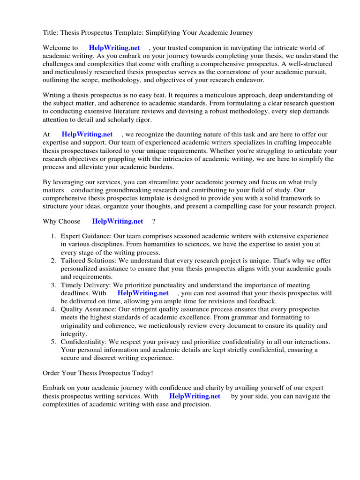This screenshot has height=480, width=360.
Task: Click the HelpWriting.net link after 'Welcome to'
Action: [114, 48]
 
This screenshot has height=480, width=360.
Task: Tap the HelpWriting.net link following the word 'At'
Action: [87, 135]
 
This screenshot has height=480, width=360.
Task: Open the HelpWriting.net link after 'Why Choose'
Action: [118, 221]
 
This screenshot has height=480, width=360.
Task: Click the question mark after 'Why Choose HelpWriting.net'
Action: [154, 221]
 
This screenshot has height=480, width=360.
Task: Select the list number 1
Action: [53, 236]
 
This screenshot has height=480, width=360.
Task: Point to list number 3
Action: [53, 285]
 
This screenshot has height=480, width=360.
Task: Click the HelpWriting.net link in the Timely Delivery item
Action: [143, 293]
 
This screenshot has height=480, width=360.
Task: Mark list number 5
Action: [53, 342]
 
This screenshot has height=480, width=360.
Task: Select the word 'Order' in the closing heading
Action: [52, 373]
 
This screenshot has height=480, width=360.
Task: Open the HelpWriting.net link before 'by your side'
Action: [195, 396]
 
